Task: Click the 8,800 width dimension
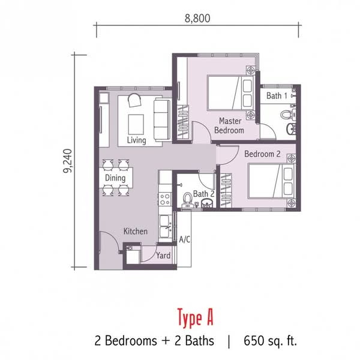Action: click(x=197, y=19)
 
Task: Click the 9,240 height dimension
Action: click(x=68, y=161)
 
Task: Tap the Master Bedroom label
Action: click(x=229, y=125)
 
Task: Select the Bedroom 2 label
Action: click(x=262, y=154)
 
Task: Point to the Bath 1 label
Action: click(x=277, y=96)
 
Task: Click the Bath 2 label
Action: click(x=203, y=194)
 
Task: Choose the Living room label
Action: click(x=137, y=140)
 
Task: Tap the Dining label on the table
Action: click(x=115, y=178)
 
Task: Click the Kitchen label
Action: click(x=136, y=231)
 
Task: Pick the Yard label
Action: click(x=163, y=256)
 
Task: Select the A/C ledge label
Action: click(x=185, y=239)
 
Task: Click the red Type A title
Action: click(x=195, y=318)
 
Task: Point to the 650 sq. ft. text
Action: click(x=270, y=341)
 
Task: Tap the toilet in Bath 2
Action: click(x=188, y=199)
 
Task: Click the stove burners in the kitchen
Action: click(x=165, y=199)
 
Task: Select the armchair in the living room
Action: click(x=134, y=100)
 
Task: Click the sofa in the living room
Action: click(x=163, y=119)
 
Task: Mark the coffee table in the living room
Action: click(x=136, y=124)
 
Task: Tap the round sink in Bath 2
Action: click(x=208, y=203)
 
